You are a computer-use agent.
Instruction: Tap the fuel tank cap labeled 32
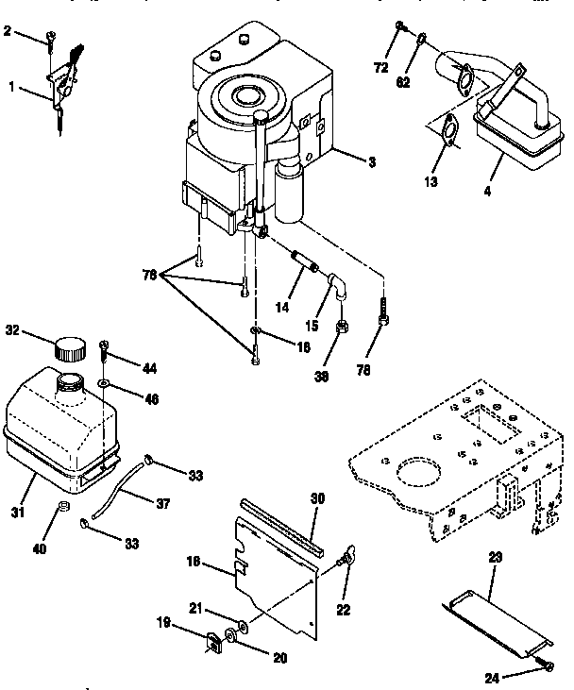click(70, 348)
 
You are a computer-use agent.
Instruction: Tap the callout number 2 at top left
click(8, 32)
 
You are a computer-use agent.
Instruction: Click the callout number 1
click(10, 86)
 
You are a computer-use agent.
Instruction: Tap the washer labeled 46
click(102, 383)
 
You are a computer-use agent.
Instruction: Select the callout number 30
click(315, 497)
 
